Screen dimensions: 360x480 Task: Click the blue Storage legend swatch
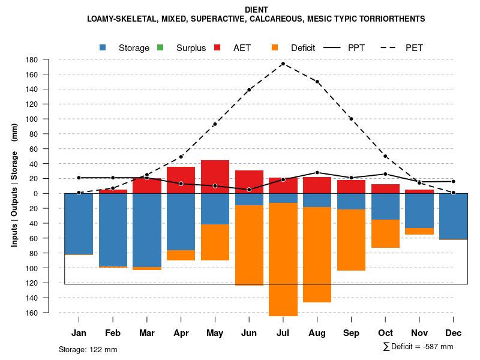click(x=104, y=48)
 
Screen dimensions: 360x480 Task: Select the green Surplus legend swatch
click(x=161, y=48)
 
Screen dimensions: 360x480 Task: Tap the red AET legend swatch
click(x=218, y=48)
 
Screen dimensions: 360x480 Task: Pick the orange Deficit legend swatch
click(x=275, y=48)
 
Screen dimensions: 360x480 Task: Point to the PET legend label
click(x=414, y=48)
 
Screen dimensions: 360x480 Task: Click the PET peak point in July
click(x=283, y=64)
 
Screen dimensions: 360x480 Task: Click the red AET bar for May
click(x=215, y=176)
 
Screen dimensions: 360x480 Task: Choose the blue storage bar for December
click(x=454, y=217)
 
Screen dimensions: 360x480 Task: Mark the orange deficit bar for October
click(x=385, y=233)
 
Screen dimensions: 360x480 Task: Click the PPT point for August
click(x=317, y=173)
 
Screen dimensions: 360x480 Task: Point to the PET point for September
click(x=351, y=119)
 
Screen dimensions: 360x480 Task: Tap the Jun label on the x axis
click(x=249, y=333)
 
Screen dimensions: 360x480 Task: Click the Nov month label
click(x=419, y=333)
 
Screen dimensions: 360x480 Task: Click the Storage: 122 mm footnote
click(x=88, y=349)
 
